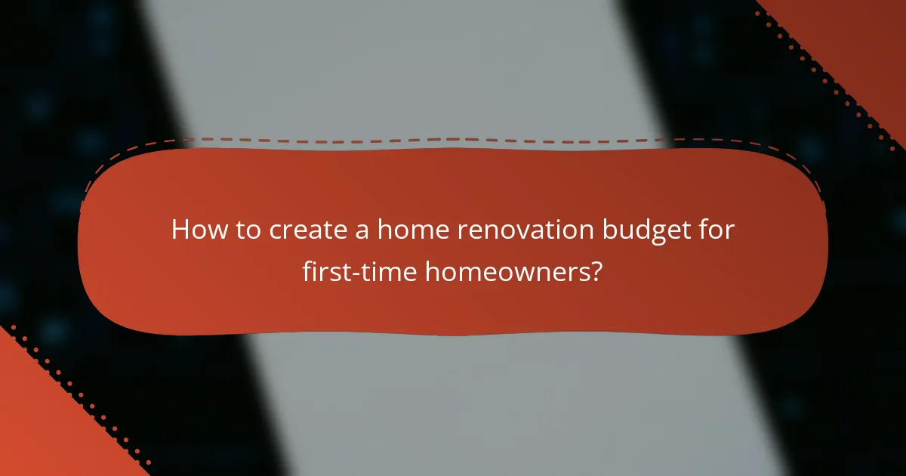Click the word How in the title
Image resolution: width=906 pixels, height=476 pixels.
click(196, 230)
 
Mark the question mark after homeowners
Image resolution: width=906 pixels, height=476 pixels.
click(596, 270)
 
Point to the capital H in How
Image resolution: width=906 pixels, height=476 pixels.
click(180, 230)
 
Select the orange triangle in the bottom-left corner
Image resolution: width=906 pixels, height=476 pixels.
click(38, 431)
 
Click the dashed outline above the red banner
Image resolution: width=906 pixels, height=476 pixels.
click(453, 139)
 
